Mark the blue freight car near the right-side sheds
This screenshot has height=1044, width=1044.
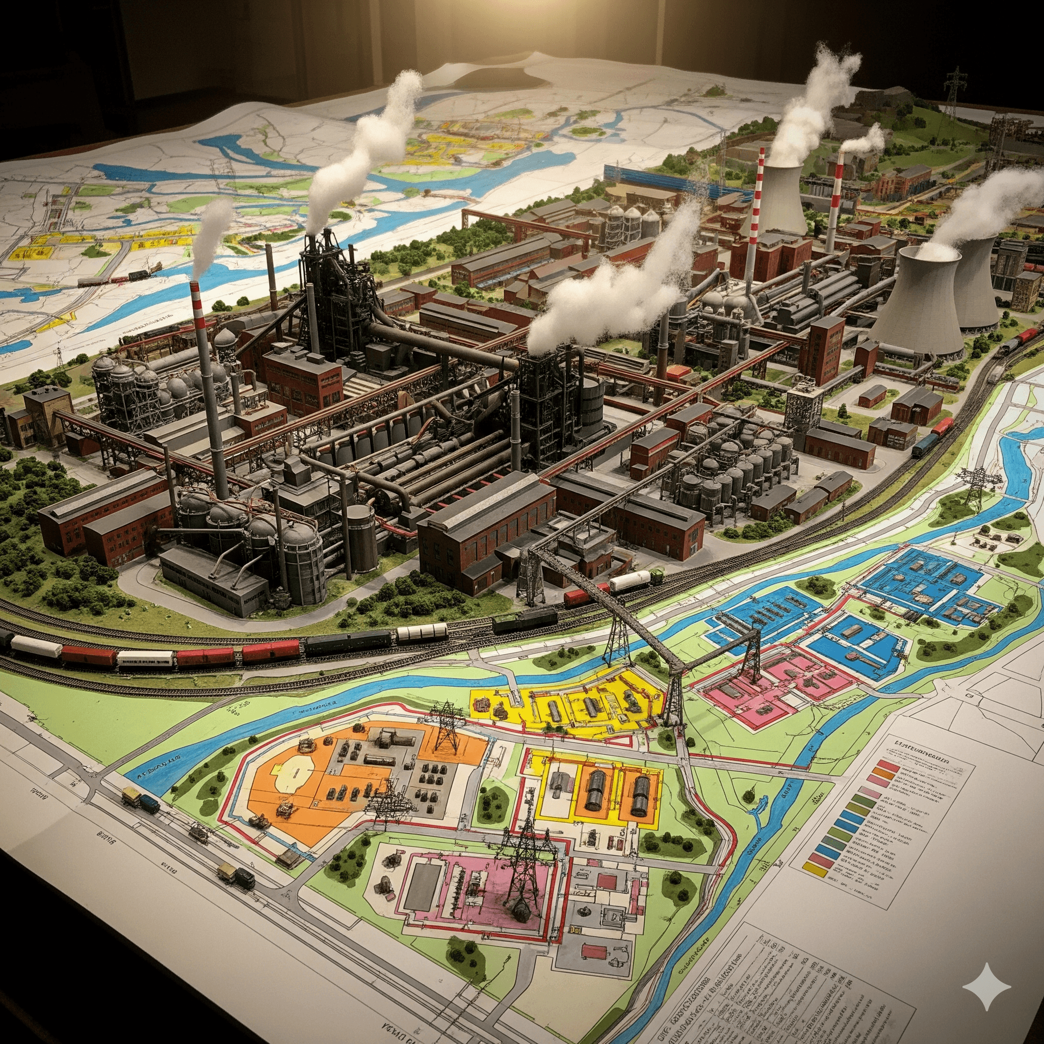925,444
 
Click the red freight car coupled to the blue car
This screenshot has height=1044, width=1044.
943,427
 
